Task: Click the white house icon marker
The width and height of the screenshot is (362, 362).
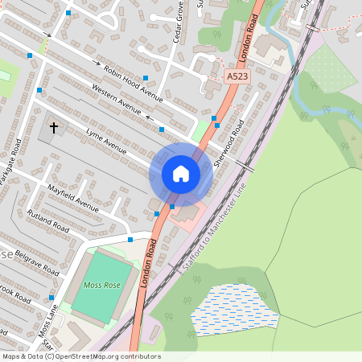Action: [x=181, y=173]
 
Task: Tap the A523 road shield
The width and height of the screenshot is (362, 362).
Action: [x=236, y=76]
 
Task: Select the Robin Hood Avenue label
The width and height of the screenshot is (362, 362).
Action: [x=134, y=84]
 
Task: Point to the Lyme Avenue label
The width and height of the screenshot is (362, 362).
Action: [x=106, y=139]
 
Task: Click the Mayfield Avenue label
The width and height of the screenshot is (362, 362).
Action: [x=72, y=197]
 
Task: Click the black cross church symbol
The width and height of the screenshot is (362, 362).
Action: [x=55, y=128]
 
